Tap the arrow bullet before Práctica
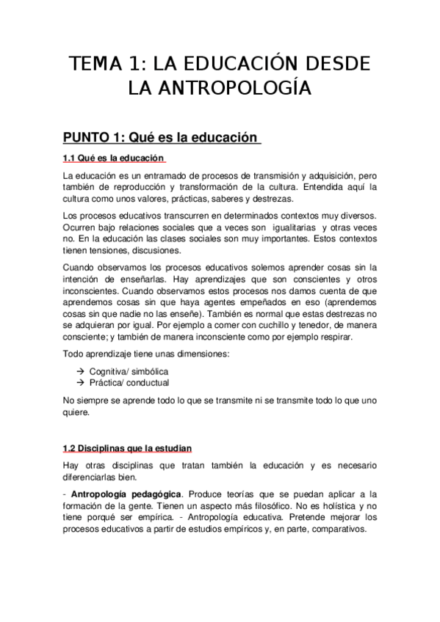pyautogui.click(x=80, y=382)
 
